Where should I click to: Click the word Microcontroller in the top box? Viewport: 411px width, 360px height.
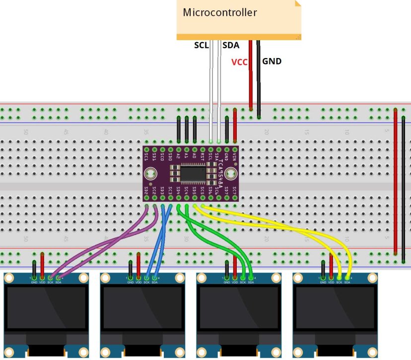220,12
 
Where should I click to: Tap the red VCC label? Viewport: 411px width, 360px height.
239,62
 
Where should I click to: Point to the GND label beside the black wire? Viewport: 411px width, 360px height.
272,61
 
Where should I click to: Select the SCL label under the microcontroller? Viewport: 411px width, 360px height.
201,46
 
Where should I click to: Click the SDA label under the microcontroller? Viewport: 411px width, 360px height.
231,46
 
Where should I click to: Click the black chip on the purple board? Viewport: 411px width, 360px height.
193,173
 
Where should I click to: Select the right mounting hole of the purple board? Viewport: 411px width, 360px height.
230,174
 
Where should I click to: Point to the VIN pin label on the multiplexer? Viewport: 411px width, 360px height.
235,157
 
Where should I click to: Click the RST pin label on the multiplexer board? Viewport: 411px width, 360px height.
203,157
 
